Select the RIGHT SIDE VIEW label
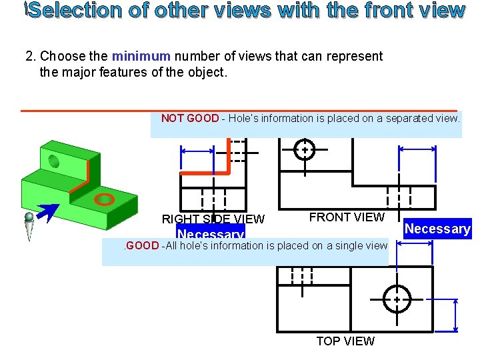(x=213, y=219)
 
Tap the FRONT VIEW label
(x=347, y=217)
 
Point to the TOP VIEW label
(x=345, y=341)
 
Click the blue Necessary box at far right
(x=437, y=229)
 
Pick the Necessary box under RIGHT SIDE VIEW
(x=210, y=233)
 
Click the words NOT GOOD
(x=189, y=119)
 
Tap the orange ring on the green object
(x=104, y=199)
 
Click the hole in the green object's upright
(x=53, y=160)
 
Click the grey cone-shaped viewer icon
(x=29, y=226)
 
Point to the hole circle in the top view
(x=397, y=299)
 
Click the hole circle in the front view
(x=304, y=150)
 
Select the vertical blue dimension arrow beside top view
(x=455, y=315)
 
